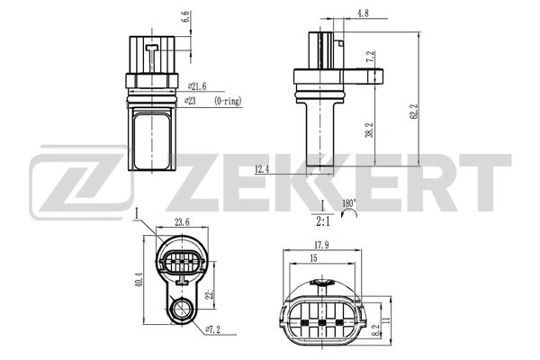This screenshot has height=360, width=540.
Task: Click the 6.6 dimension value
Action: click(185, 16)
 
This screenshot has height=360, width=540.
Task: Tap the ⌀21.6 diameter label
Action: click(196, 86)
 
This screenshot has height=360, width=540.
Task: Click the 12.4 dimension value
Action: click(262, 168)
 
